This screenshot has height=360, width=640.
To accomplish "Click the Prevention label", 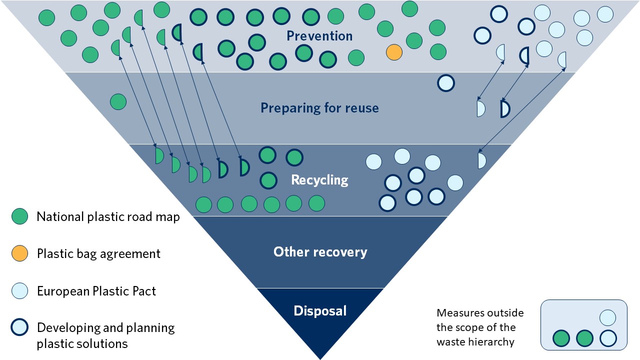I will [319, 36].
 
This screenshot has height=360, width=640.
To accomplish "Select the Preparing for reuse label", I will [319, 108].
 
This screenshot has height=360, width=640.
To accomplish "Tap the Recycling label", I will [319, 180].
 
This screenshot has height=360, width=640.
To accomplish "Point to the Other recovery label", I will [320, 251].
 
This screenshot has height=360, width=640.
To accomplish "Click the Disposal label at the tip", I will [320, 310].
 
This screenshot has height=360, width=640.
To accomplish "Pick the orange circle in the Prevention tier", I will [394, 52].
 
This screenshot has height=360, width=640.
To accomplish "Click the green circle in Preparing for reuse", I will [118, 101].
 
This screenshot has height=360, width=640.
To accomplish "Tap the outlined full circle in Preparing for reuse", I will [446, 83].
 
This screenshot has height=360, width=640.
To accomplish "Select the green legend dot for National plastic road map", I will [20, 216].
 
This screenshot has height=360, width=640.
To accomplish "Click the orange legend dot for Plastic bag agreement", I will [20, 253].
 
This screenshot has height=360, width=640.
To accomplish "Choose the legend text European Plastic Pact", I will [96, 291].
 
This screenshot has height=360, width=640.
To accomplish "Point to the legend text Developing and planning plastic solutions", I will [105, 335].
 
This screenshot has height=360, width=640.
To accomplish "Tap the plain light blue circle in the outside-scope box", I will [607, 318].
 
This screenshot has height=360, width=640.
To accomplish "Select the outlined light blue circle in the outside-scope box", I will [608, 339].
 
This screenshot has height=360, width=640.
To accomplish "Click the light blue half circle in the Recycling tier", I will [481, 160].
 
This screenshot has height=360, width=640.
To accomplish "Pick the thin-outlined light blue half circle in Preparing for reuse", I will [480, 109].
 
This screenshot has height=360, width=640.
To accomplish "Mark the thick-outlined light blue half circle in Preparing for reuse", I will [504, 109].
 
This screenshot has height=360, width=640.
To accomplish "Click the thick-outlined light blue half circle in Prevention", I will [525, 55].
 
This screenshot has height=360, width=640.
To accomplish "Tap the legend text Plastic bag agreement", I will [98, 253].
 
